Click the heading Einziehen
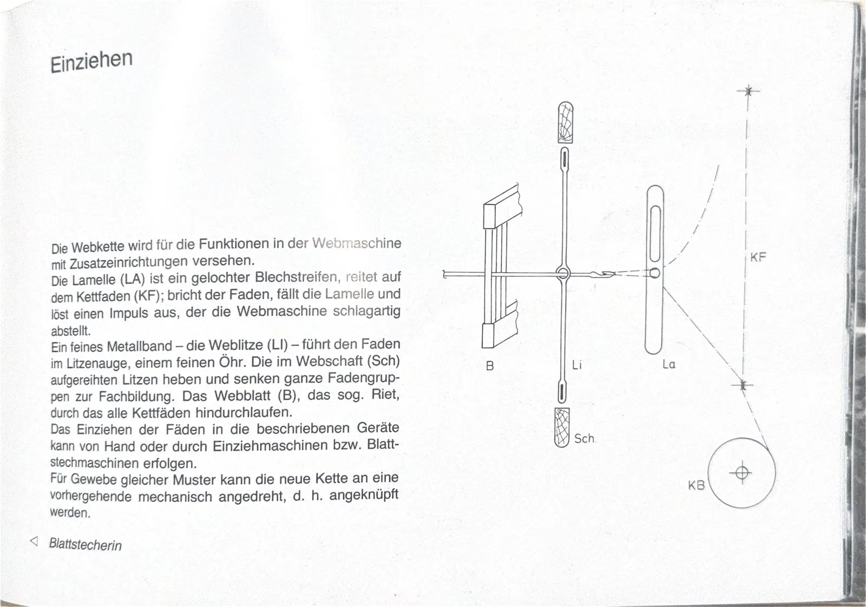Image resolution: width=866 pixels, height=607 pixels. (x=91, y=60)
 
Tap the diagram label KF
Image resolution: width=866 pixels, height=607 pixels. (x=758, y=258)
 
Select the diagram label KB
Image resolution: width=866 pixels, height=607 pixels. (x=696, y=485)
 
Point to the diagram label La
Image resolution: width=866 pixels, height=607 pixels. (x=669, y=364)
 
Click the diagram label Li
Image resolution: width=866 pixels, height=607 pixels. (x=576, y=365)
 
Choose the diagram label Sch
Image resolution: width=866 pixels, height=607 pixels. (x=584, y=439)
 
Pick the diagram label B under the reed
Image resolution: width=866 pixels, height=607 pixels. (x=490, y=366)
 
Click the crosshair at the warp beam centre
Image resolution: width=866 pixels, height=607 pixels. (x=742, y=473)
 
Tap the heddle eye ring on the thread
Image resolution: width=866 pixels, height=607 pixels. (x=563, y=274)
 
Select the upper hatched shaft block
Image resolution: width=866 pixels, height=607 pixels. (x=565, y=122)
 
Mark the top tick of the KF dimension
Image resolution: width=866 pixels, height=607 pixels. (x=748, y=91)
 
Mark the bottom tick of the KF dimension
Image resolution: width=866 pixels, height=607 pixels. (x=743, y=385)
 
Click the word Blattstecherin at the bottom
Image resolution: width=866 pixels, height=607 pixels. (x=86, y=544)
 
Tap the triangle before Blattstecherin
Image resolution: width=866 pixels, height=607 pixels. (x=35, y=541)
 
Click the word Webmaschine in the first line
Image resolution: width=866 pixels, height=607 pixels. (x=357, y=243)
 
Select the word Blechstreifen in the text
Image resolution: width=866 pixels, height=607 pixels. (x=297, y=278)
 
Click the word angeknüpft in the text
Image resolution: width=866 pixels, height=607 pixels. (x=364, y=494)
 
